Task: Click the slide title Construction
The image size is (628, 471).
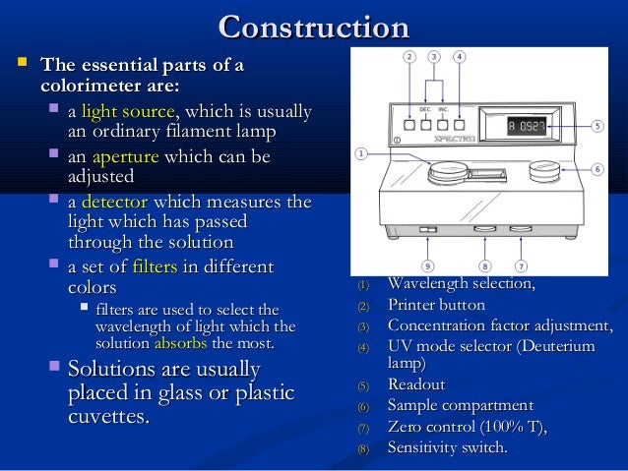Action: click(x=313, y=27)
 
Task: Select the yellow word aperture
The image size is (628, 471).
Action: click(x=125, y=157)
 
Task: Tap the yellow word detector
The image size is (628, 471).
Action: click(x=113, y=203)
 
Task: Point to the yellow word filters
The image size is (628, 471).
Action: click(x=155, y=266)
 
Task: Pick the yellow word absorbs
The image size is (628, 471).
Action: click(x=180, y=343)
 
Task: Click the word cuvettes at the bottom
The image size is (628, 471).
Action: click(x=107, y=416)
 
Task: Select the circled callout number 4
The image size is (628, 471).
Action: click(x=459, y=56)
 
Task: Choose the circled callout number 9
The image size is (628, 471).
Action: click(x=426, y=265)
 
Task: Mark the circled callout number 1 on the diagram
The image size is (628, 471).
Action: click(x=361, y=153)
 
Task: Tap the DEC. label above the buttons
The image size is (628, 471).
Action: click(x=425, y=110)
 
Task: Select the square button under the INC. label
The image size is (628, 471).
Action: click(x=443, y=126)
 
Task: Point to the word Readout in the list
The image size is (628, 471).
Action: click(x=416, y=384)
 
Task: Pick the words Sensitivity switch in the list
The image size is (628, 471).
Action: click(x=448, y=447)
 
